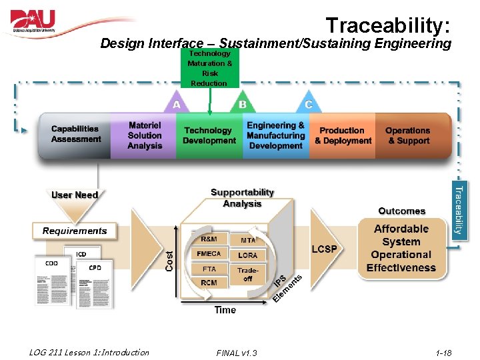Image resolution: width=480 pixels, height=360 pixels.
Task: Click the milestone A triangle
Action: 176,103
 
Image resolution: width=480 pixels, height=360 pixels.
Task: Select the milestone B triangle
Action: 243,103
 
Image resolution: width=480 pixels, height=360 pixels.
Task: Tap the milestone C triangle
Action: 308,103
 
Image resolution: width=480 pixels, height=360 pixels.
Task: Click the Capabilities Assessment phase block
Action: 75,135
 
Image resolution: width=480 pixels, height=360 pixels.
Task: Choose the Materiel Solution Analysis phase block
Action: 144,135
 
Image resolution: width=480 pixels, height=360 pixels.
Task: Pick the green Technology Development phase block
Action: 209,135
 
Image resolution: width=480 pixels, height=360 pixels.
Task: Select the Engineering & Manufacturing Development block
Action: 275,135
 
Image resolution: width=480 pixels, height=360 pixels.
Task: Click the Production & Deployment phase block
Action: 343,135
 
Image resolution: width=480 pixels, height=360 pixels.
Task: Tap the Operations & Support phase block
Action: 408,135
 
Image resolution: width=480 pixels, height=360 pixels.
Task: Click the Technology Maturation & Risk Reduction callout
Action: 209,68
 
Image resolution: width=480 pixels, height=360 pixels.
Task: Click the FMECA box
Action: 209,254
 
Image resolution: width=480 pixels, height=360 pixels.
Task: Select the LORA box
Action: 247,255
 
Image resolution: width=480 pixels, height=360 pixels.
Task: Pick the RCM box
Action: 209,283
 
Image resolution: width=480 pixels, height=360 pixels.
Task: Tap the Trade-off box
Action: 248,274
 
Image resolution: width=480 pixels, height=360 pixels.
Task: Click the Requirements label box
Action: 75,231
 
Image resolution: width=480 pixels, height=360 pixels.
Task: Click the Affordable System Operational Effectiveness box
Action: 401,248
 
